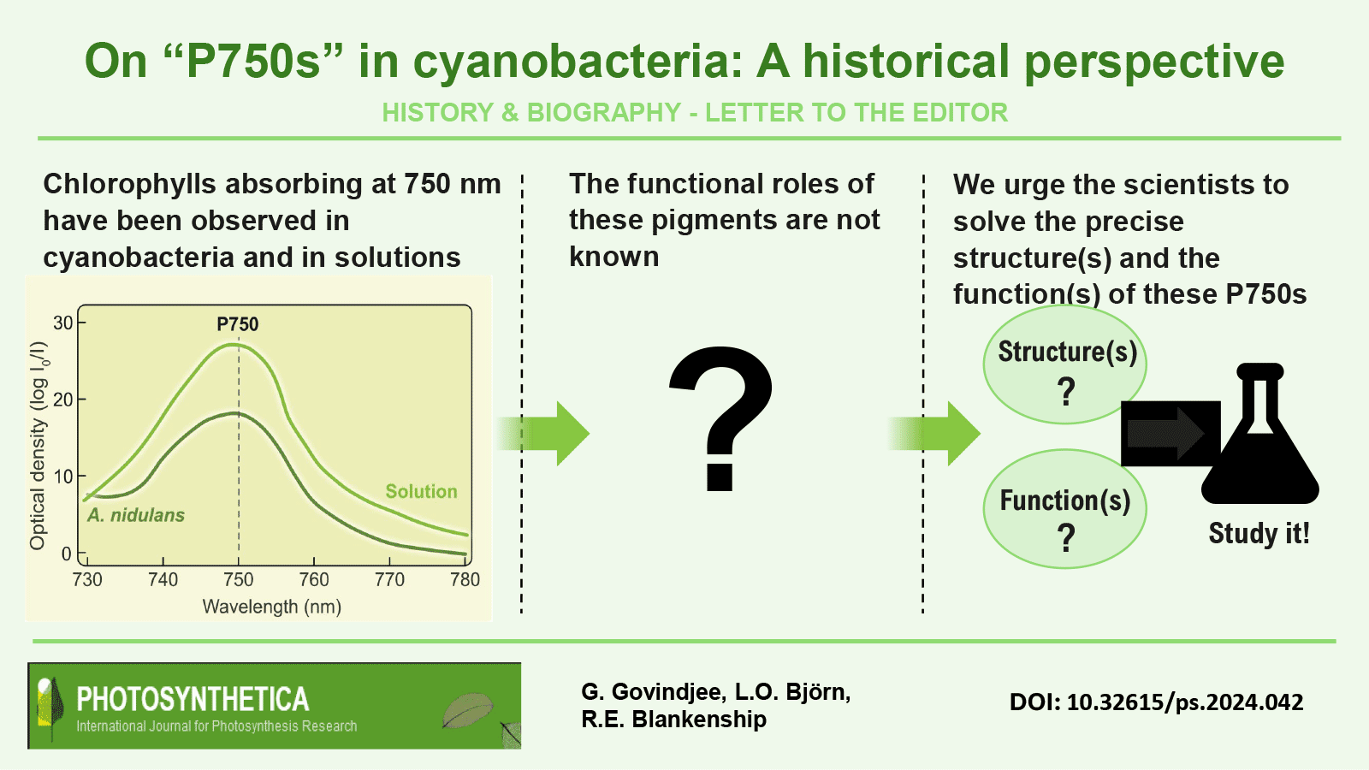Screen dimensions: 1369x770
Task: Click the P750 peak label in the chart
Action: (x=238, y=324)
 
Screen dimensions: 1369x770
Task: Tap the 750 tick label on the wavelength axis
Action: (x=239, y=579)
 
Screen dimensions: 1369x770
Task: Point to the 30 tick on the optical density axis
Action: (x=63, y=323)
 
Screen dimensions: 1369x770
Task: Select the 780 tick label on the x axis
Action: (x=465, y=579)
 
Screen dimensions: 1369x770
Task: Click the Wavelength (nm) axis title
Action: (x=272, y=607)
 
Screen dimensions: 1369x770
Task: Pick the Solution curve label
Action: (x=421, y=491)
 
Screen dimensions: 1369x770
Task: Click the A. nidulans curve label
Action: (x=136, y=515)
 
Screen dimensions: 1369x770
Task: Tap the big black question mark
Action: (x=722, y=418)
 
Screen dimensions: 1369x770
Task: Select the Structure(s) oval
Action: (x=1064, y=364)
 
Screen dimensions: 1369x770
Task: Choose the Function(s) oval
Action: (x=1064, y=509)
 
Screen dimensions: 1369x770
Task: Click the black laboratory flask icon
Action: (x=1260, y=433)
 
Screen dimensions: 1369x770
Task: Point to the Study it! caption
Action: (x=1259, y=534)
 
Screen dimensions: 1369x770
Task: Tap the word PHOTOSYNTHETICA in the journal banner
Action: (x=193, y=699)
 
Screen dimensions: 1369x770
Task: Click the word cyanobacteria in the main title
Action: (x=578, y=62)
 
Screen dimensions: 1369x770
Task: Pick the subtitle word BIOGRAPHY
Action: (x=604, y=112)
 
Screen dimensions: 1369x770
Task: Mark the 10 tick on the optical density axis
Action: (x=63, y=477)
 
